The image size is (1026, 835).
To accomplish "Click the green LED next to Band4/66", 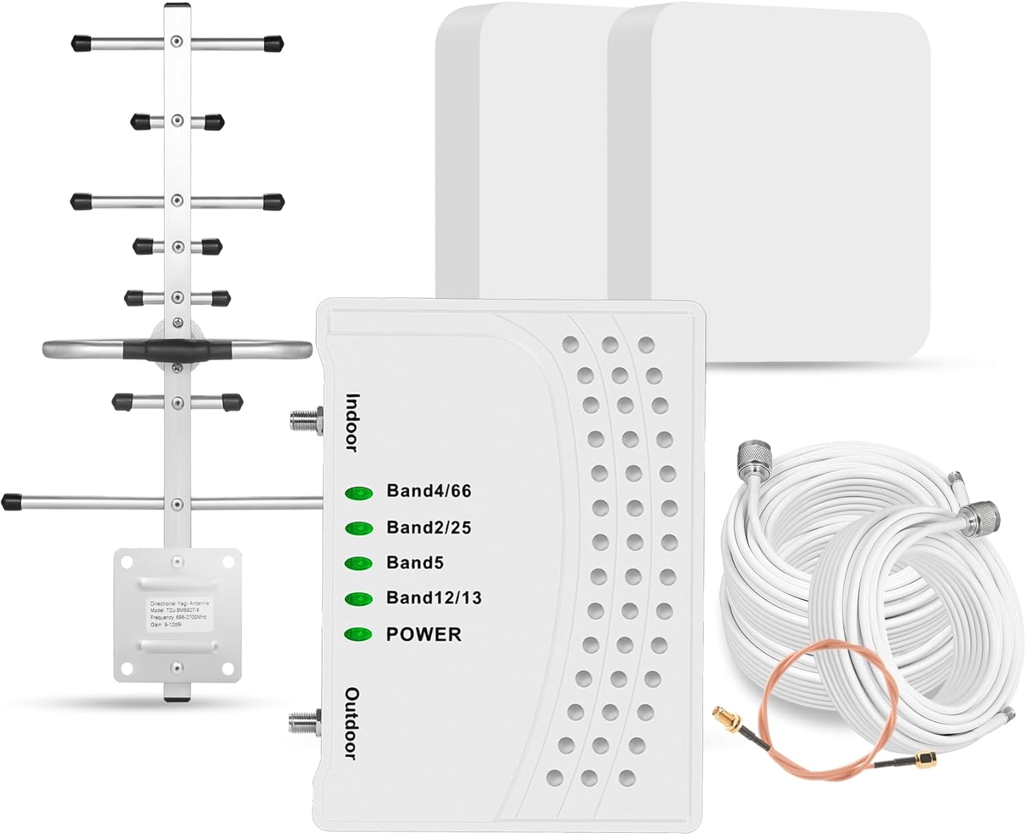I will click(359, 492).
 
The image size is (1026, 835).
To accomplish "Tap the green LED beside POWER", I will click(359, 635).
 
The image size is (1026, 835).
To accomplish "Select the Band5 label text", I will click(415, 563).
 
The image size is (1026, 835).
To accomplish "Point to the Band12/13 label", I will click(434, 598).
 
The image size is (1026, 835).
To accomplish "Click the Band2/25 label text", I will click(429, 527).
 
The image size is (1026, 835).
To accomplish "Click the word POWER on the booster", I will click(423, 635).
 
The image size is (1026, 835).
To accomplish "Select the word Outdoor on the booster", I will click(352, 724).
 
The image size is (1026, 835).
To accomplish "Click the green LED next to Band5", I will click(359, 564).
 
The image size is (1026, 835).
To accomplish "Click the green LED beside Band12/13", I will click(359, 599).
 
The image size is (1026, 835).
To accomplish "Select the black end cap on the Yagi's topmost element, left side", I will click(82, 42).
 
